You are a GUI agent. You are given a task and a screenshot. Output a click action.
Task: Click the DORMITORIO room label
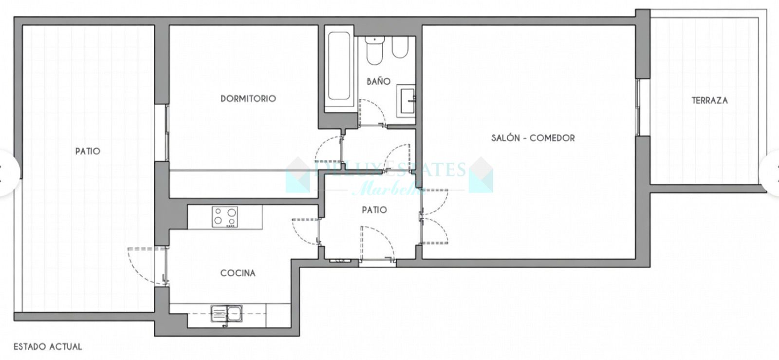point(248,98)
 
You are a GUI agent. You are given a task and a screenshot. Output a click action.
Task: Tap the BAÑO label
point(378,81)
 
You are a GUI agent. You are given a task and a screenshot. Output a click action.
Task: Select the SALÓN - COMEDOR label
point(533,138)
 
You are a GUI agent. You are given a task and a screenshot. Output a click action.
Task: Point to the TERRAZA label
point(709,100)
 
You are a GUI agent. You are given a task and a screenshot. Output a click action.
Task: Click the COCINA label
point(238,273)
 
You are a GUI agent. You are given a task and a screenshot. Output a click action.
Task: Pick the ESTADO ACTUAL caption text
point(48,347)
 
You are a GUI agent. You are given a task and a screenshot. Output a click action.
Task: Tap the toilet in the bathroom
point(375,51)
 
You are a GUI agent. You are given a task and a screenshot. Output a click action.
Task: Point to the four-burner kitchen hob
point(225,217)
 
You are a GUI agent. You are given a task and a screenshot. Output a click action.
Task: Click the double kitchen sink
point(226,313)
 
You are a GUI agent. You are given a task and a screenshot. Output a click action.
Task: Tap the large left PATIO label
point(88,151)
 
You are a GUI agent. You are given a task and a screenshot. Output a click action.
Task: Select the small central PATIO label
point(374,210)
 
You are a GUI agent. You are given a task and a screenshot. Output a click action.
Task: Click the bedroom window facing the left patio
point(162,132)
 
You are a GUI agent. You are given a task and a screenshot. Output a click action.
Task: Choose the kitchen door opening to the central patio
point(306,231)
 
